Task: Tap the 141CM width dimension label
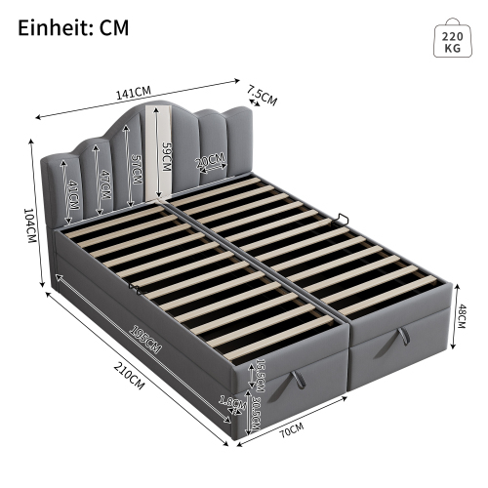(135, 93)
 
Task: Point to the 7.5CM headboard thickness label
(262, 97)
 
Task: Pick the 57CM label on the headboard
(138, 173)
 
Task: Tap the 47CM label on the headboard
(104, 181)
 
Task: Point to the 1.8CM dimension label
(227, 400)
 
